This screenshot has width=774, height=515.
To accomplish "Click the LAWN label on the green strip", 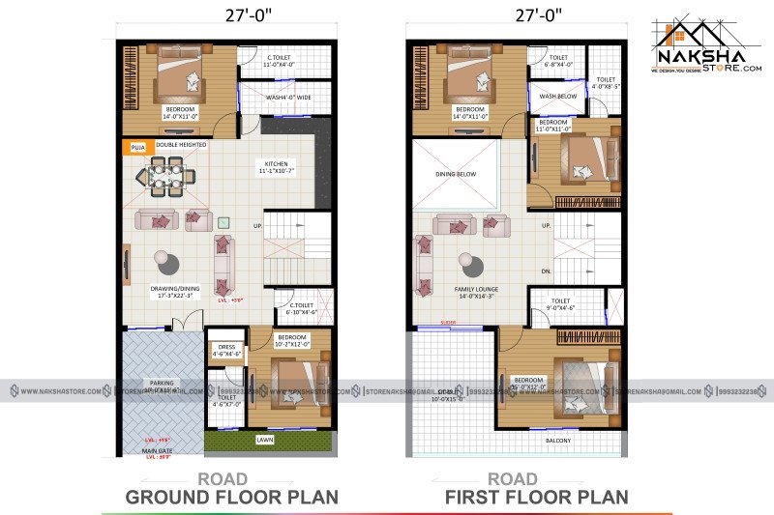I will point(264,440).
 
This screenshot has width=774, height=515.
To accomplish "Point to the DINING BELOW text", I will point(454,174).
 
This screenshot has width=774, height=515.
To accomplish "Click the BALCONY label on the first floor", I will point(557,441).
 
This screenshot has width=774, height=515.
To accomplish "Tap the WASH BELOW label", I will point(557,97).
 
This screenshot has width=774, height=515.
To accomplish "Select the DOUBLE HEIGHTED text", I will point(181,145).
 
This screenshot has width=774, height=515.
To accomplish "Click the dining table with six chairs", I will point(167,178).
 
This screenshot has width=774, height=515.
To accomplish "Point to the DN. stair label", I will point(547,272).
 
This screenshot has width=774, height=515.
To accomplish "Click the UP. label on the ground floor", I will point(257,225).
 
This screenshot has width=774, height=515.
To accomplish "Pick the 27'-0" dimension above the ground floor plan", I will point(226,16).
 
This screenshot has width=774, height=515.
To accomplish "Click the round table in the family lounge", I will point(469,262).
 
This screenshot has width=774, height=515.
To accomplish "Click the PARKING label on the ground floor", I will point(161,382).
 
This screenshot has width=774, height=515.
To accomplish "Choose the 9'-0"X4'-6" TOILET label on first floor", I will point(560,304).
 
